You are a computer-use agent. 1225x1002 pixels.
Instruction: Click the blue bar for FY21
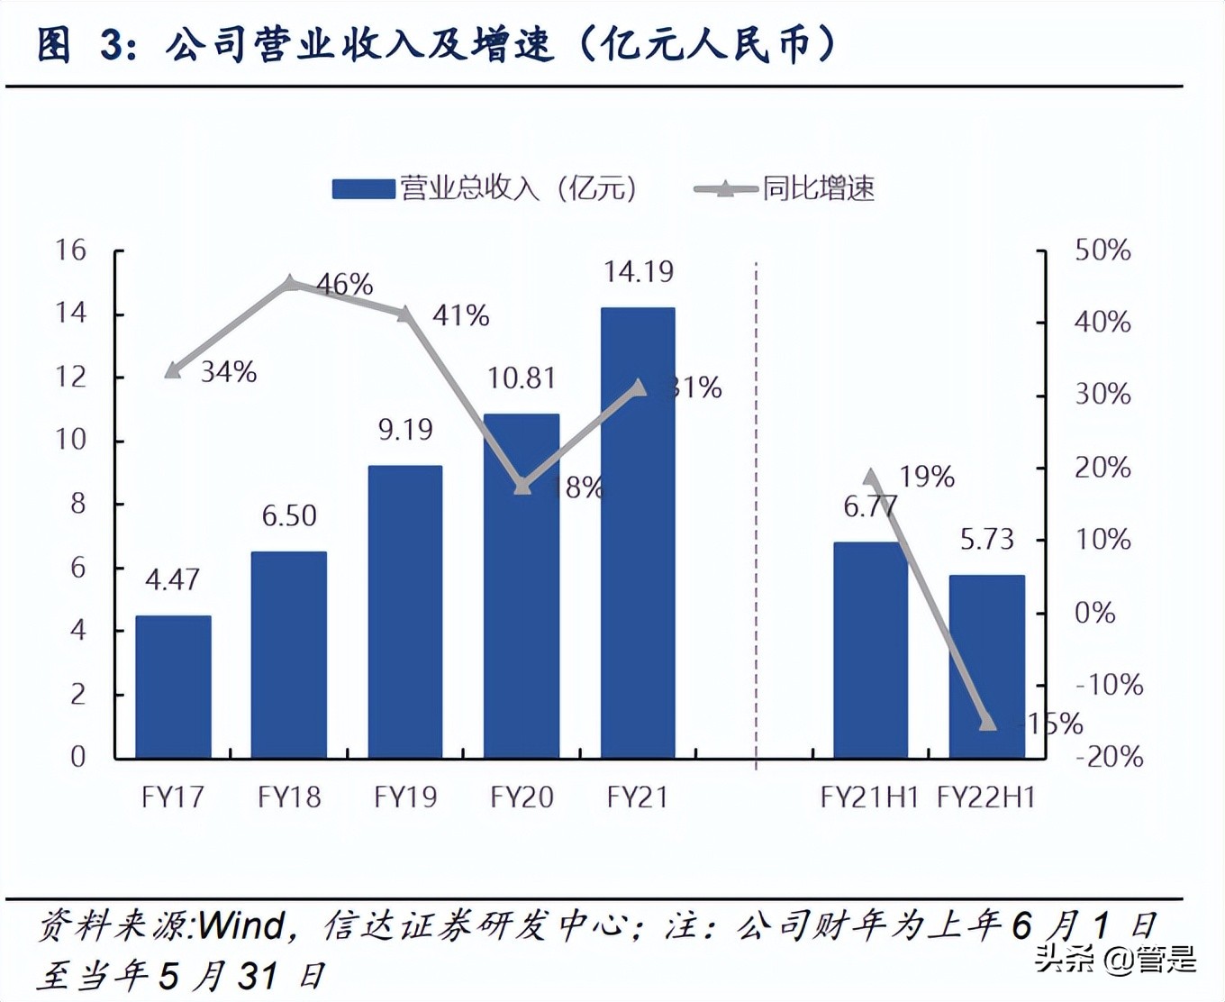tap(638, 532)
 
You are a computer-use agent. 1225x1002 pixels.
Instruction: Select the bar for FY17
tap(173, 687)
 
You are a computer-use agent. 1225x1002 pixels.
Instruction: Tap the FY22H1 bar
tap(986, 667)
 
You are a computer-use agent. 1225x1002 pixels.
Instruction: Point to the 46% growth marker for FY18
tap(290, 283)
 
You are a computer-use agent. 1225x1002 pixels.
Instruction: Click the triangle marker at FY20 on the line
tap(522, 486)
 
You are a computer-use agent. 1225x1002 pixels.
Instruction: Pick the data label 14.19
tap(638, 271)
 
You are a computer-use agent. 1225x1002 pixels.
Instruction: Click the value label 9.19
tap(405, 430)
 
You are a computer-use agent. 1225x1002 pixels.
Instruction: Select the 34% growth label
tap(228, 371)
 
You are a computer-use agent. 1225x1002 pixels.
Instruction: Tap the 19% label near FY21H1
tap(926, 476)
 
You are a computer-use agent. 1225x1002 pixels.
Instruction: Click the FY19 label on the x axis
tap(405, 797)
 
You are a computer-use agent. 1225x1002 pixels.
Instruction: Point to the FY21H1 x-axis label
tap(869, 797)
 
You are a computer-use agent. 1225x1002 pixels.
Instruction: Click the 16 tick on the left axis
tap(71, 250)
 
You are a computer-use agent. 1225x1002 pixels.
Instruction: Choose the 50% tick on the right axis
tap(1102, 250)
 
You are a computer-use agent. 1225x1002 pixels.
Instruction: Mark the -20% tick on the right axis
tap(1108, 756)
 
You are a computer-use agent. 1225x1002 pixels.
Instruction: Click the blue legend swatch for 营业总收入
tap(363, 188)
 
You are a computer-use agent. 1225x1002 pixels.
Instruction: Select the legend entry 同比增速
tap(818, 188)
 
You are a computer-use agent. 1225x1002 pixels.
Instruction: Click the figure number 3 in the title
tap(112, 45)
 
